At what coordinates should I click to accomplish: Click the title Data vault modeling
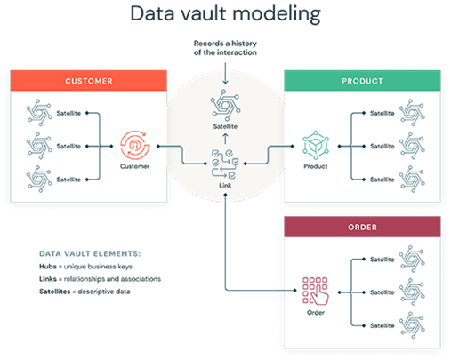tap(225, 13)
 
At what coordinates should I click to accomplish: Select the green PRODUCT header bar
tap(361, 81)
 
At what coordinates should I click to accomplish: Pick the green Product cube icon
tap(316, 144)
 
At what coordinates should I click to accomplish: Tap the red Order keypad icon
tap(316, 290)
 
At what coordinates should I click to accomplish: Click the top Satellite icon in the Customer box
tap(39, 114)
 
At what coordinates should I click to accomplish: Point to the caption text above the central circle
tap(224, 48)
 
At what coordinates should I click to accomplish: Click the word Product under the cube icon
tap(316, 166)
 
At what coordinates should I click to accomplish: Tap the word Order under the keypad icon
tap(316, 312)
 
